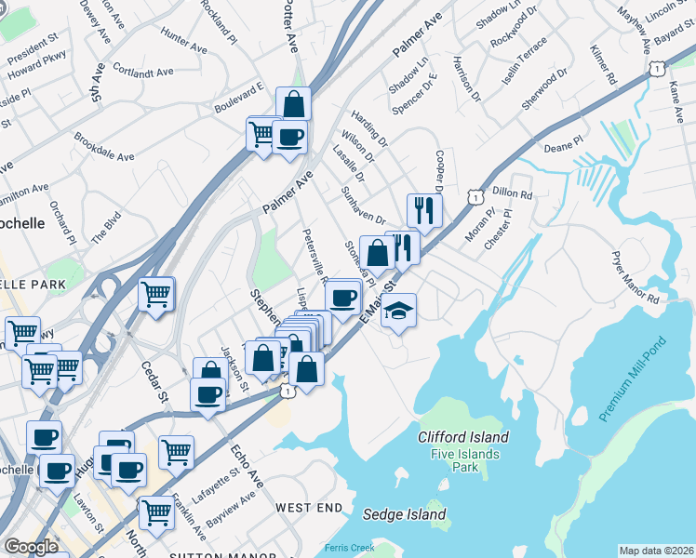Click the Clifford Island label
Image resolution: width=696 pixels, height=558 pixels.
point(462,437)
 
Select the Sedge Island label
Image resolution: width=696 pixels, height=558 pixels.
point(404,514)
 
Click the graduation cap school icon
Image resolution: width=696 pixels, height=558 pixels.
point(398,310)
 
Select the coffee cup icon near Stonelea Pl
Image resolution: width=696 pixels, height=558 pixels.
point(343,298)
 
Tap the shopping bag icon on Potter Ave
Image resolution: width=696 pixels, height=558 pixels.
point(293,103)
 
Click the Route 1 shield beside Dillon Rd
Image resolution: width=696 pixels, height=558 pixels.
point(475,197)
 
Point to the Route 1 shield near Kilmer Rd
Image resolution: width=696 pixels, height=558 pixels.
point(657,68)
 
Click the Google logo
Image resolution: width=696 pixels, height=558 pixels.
point(31,547)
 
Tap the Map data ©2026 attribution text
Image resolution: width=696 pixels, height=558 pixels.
point(656,551)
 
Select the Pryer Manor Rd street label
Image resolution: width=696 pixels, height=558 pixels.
point(635,276)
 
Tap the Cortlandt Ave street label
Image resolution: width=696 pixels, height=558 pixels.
point(142,70)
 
